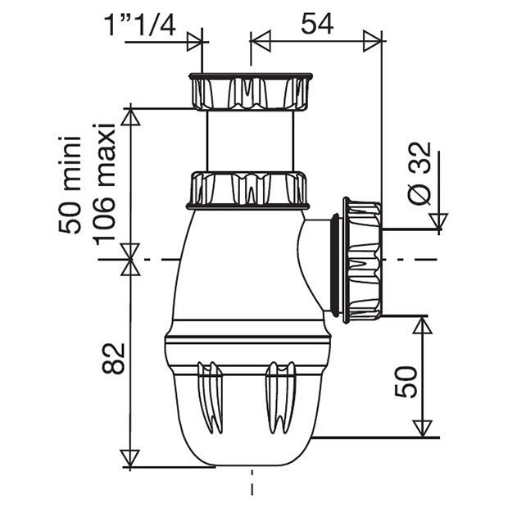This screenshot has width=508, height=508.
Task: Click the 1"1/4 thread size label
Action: point(140,25)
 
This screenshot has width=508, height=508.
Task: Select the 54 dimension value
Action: point(317,24)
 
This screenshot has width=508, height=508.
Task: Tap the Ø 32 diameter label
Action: point(420,174)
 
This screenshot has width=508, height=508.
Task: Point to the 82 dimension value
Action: point(113,358)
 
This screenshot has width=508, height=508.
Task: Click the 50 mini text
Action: point(70,184)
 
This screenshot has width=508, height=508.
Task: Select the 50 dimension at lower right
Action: point(406,382)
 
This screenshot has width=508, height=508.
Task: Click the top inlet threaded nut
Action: point(251,92)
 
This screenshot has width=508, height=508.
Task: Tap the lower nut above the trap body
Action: point(247,191)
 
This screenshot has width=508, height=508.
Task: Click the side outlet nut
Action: point(362,261)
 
